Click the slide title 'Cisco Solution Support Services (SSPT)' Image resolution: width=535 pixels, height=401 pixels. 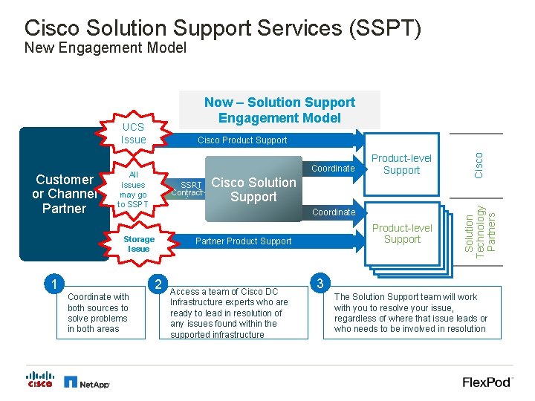(223, 28)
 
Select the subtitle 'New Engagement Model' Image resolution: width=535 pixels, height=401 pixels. (105, 49)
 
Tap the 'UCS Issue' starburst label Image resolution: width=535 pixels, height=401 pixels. (133, 134)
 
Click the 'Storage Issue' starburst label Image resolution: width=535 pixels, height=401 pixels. (139, 244)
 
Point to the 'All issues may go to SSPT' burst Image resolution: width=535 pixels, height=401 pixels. (133, 189)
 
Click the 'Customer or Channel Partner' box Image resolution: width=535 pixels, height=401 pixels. (64, 194)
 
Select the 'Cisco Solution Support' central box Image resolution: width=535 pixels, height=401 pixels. (253, 189)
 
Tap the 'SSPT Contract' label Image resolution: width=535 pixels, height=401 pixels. (187, 189)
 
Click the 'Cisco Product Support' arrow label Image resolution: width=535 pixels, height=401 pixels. (242, 140)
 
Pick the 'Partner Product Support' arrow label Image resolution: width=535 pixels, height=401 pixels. (243, 241)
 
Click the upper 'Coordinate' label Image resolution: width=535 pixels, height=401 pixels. (334, 169)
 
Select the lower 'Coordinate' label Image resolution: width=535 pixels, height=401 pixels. (334, 212)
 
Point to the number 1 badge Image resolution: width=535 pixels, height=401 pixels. (51, 283)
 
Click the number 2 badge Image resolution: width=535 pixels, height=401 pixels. (158, 283)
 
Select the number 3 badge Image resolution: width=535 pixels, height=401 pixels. (320, 283)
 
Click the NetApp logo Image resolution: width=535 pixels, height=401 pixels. (87, 382)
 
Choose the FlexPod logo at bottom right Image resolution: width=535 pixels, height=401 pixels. (487, 382)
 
